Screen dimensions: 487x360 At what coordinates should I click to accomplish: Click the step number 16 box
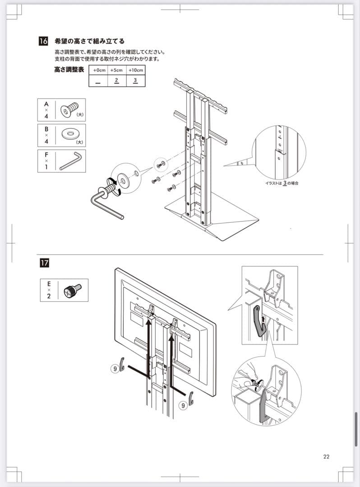(x=44, y=41)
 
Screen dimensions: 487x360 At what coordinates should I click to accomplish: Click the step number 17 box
(x=45, y=262)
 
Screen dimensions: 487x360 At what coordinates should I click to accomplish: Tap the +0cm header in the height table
(x=98, y=70)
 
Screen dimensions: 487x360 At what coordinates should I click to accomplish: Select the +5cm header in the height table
(x=116, y=70)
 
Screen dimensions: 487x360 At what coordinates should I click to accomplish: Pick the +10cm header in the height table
(x=135, y=70)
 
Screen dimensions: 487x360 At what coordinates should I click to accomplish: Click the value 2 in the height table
(x=116, y=81)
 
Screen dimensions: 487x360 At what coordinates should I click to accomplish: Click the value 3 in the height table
(x=135, y=81)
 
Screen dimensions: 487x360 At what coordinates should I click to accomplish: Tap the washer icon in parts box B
(x=70, y=135)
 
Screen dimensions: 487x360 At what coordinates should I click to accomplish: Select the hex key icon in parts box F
(x=70, y=161)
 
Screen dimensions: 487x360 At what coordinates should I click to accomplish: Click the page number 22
(x=326, y=456)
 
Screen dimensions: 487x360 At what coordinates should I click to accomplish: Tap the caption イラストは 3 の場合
(x=282, y=184)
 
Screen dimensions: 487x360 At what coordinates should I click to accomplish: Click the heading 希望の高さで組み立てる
(x=89, y=41)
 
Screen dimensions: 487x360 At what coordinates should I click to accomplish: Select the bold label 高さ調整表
(x=69, y=70)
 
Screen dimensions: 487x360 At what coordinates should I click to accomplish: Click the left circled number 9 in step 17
(x=115, y=368)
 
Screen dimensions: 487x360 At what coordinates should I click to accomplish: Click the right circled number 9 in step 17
(x=183, y=405)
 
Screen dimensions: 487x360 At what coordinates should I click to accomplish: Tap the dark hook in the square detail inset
(x=259, y=321)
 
